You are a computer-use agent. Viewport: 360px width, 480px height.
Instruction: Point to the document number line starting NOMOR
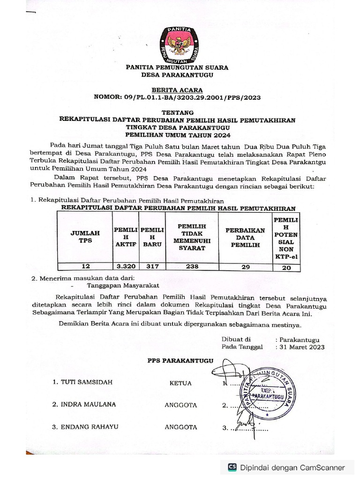click(x=177, y=97)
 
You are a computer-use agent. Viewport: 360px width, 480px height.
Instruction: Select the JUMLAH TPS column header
click(x=85, y=236)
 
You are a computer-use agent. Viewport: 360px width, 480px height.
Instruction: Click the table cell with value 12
click(x=85, y=266)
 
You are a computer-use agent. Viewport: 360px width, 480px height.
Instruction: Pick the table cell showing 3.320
click(x=126, y=266)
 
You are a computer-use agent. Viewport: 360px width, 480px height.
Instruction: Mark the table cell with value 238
click(x=192, y=266)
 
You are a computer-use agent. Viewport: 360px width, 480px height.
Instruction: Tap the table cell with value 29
click(x=245, y=266)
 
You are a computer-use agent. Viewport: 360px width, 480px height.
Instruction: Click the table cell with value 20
click(x=286, y=267)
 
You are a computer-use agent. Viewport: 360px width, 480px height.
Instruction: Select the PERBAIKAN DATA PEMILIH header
click(x=245, y=238)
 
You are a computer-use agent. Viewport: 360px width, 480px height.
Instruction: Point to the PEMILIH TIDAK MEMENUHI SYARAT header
click(x=192, y=237)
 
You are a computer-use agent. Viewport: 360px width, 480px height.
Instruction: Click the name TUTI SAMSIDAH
click(x=87, y=382)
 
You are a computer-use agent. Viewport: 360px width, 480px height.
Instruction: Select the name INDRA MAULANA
click(x=88, y=405)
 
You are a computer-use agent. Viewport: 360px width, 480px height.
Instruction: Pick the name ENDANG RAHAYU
click(x=89, y=427)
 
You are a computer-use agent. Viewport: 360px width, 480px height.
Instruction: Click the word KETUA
click(x=180, y=383)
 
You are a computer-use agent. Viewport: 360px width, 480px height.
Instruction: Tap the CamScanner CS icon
click(x=232, y=467)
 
